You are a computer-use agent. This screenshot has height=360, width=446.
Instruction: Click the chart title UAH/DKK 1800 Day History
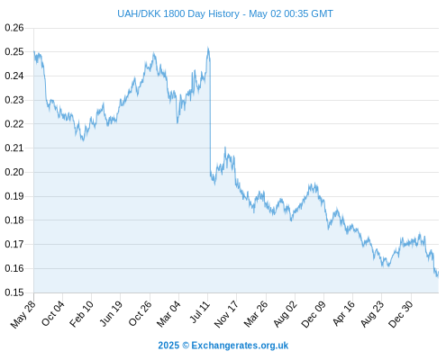[178, 13]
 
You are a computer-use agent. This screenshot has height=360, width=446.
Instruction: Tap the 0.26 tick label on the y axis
[14, 28]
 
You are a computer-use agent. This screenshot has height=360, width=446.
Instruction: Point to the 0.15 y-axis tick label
[14, 292]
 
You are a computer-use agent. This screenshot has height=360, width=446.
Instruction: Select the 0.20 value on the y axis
[14, 172]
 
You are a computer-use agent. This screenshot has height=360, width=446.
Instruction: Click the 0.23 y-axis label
[14, 100]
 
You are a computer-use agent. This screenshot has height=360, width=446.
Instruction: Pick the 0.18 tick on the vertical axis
[14, 220]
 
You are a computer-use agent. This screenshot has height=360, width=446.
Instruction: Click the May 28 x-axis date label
[23, 314]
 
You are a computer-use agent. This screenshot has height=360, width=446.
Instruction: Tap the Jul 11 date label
[199, 312]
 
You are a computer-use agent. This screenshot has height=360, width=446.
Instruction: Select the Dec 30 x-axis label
[401, 314]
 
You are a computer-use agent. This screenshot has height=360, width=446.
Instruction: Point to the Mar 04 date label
[168, 314]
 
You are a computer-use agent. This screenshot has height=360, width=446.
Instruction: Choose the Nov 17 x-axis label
[226, 314]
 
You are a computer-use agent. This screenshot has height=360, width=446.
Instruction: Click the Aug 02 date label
[286, 314]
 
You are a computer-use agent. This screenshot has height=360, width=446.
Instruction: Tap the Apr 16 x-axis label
[344, 313]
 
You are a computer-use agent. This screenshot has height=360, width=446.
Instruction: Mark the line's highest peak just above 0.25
[208, 48]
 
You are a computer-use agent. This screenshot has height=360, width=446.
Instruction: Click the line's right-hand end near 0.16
[438, 273]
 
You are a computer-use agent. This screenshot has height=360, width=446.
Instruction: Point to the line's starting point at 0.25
[34, 51]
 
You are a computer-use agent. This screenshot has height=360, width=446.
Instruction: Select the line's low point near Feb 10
[83, 140]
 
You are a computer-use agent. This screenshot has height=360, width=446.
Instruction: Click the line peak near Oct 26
[154, 53]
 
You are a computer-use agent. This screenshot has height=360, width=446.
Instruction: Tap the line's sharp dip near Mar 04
[177, 122]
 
